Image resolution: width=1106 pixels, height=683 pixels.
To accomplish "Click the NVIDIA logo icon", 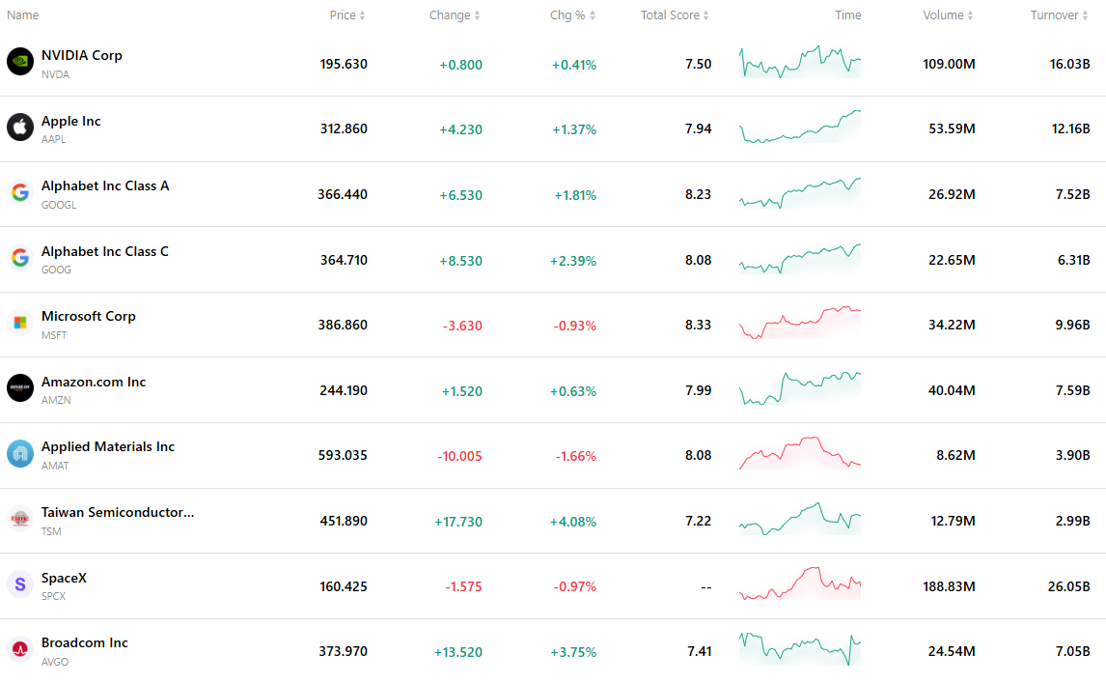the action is pyautogui.click(x=19, y=62).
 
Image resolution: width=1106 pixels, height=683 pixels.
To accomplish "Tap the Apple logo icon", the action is pyautogui.click(x=19, y=128).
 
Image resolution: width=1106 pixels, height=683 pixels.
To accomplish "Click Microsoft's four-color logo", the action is pyautogui.click(x=19, y=323).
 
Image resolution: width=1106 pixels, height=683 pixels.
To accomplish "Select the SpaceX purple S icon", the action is pyautogui.click(x=19, y=584).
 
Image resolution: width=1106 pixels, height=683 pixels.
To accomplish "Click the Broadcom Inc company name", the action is pyautogui.click(x=85, y=642).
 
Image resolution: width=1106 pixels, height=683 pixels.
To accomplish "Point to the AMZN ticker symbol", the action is pyautogui.click(x=56, y=400).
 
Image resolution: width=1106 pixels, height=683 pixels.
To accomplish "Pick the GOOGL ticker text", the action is pyautogui.click(x=59, y=205).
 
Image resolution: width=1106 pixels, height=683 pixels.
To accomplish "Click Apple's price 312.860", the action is pyautogui.click(x=344, y=128).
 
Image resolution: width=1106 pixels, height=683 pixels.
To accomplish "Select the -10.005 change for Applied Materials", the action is pyautogui.click(x=459, y=456).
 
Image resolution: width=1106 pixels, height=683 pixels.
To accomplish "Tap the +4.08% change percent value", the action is pyautogui.click(x=572, y=522).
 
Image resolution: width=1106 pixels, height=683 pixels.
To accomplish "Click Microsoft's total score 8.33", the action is pyautogui.click(x=698, y=325).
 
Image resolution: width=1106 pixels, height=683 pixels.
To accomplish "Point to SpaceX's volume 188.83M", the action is pyautogui.click(x=949, y=586).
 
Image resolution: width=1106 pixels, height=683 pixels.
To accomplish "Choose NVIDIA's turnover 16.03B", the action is pyautogui.click(x=1069, y=64).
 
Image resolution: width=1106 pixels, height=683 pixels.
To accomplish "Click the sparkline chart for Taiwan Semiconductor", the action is pyautogui.click(x=800, y=519).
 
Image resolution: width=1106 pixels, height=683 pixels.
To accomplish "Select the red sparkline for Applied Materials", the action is pyautogui.click(x=800, y=453).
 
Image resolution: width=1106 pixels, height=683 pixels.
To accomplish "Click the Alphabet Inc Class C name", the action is pyautogui.click(x=105, y=251).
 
